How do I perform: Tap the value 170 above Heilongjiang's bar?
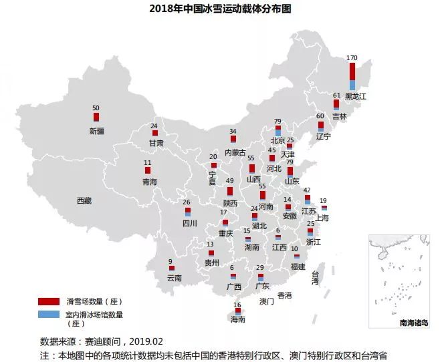[352, 57]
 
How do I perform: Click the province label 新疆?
[96, 132]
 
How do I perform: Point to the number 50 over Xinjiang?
[96, 108]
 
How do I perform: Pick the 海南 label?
[237, 320]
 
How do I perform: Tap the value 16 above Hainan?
[237, 305]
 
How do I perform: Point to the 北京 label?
[278, 141]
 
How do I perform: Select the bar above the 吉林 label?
[336, 105]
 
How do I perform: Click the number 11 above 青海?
[148, 162]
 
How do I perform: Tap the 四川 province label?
[189, 224]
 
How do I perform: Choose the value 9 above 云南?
[171, 261]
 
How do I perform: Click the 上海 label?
[322, 217]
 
